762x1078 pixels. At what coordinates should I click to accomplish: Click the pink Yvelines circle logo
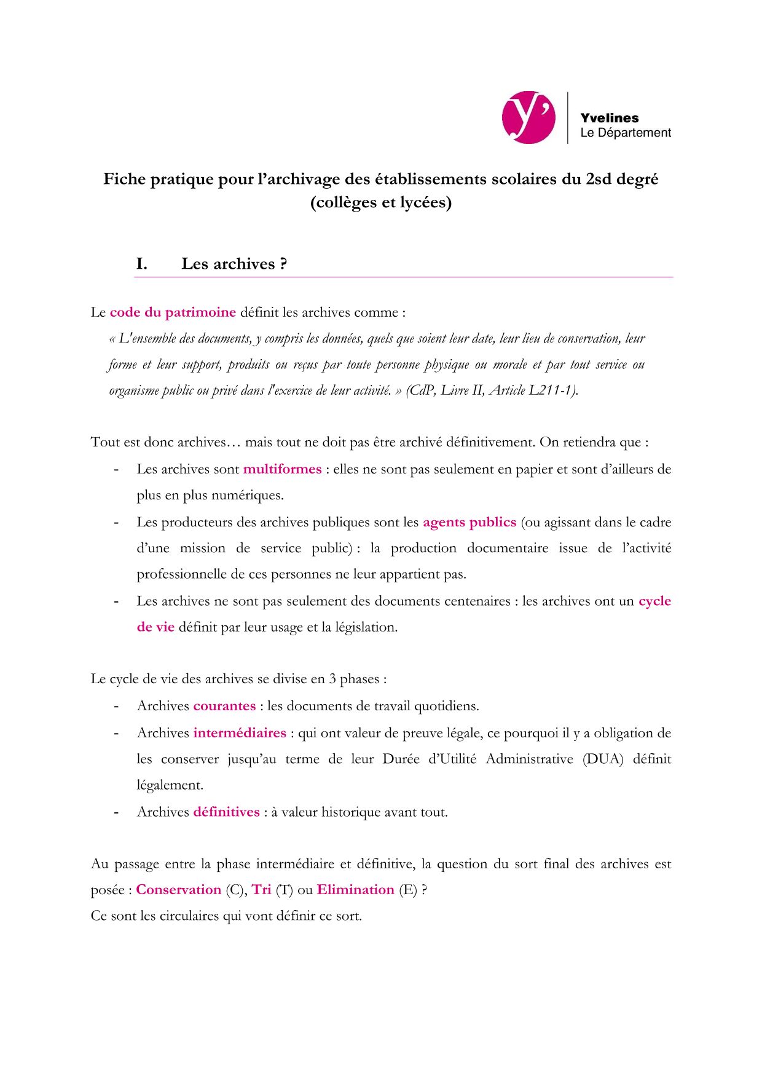[528, 117]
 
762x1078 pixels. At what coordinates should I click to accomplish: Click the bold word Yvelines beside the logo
[609, 118]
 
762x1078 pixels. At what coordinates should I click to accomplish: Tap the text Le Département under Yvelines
[625, 133]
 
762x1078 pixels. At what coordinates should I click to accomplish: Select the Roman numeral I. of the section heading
[141, 264]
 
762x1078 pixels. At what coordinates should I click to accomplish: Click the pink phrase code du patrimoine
[173, 312]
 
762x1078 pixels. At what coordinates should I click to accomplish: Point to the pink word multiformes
[282, 469]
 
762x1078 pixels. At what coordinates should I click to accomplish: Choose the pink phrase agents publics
[469, 522]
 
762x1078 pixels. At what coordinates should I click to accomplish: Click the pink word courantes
[224, 706]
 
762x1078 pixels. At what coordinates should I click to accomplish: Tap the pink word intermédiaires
[240, 733]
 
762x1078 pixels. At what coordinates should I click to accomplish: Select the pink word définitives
[226, 812]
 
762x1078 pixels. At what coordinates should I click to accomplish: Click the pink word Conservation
[178, 890]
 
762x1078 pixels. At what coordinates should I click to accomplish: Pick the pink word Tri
[261, 890]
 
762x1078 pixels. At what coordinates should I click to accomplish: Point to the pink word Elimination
[355, 890]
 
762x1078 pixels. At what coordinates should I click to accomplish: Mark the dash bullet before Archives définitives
[116, 812]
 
